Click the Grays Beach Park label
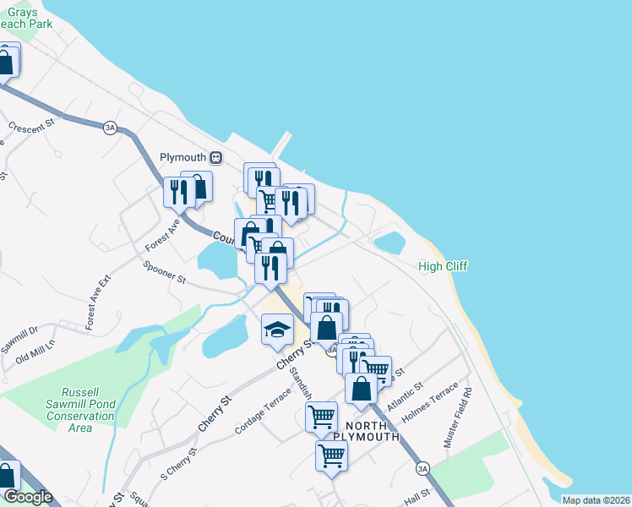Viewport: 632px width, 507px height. (x=25, y=18)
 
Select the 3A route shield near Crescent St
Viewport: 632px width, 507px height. (x=110, y=128)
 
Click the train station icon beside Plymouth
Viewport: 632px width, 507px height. (x=216, y=158)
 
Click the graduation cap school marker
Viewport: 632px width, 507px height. (x=277, y=330)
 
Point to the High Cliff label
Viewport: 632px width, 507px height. (x=443, y=267)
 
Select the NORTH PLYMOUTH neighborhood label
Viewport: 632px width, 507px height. (x=366, y=429)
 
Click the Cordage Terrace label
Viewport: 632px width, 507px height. (x=263, y=408)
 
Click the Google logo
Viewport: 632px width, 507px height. (x=27, y=497)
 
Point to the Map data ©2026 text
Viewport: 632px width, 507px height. (x=596, y=500)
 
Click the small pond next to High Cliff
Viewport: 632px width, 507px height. (x=390, y=243)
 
